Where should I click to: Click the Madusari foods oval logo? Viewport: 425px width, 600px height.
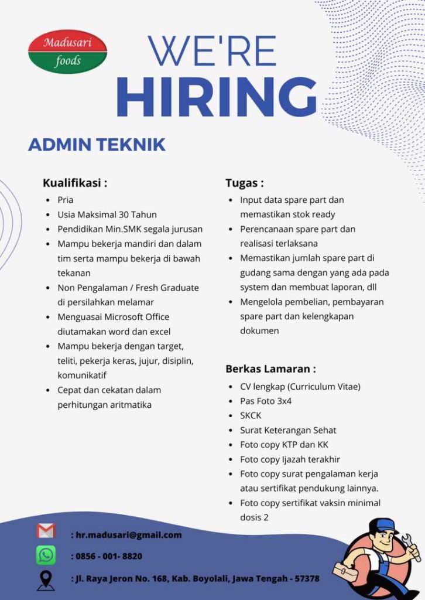pos(67,52)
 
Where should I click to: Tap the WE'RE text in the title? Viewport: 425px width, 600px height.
pos(211,52)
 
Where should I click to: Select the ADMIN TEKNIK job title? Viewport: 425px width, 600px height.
pos(97,145)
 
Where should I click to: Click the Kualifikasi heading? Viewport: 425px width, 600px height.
pos(75,183)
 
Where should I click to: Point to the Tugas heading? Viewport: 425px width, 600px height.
pos(244,183)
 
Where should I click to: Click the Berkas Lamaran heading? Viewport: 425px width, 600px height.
pos(270,369)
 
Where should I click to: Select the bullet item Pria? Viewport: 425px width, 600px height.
pos(65,200)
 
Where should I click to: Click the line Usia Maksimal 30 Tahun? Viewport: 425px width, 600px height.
pos(107,214)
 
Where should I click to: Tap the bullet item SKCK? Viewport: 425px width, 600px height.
pos(251,415)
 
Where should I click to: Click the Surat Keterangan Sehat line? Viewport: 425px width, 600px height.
pos(287,430)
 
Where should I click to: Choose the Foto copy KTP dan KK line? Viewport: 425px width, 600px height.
pos(284,445)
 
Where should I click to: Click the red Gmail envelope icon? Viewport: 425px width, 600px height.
pos(46,531)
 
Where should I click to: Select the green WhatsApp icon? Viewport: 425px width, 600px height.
pos(46,555)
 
